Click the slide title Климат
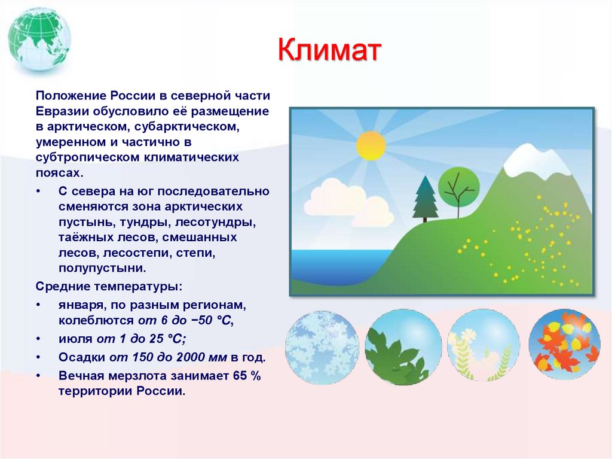click(329, 51)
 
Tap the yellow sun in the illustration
click(371, 145)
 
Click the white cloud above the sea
click(350, 200)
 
